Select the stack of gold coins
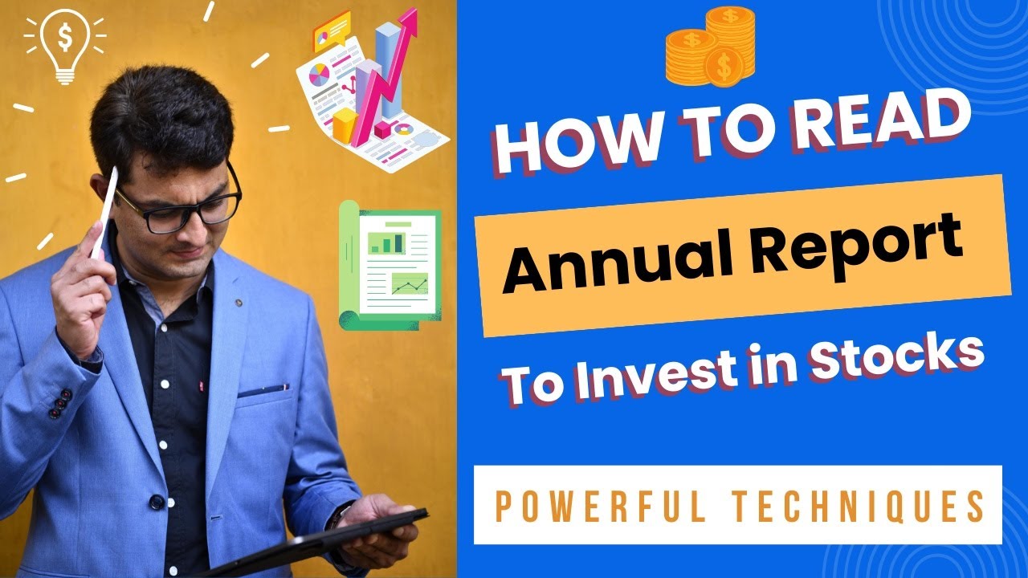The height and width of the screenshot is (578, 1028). [x=711, y=47]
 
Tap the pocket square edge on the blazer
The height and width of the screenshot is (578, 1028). [x=263, y=392]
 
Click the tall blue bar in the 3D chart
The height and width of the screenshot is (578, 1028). [x=390, y=68]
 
